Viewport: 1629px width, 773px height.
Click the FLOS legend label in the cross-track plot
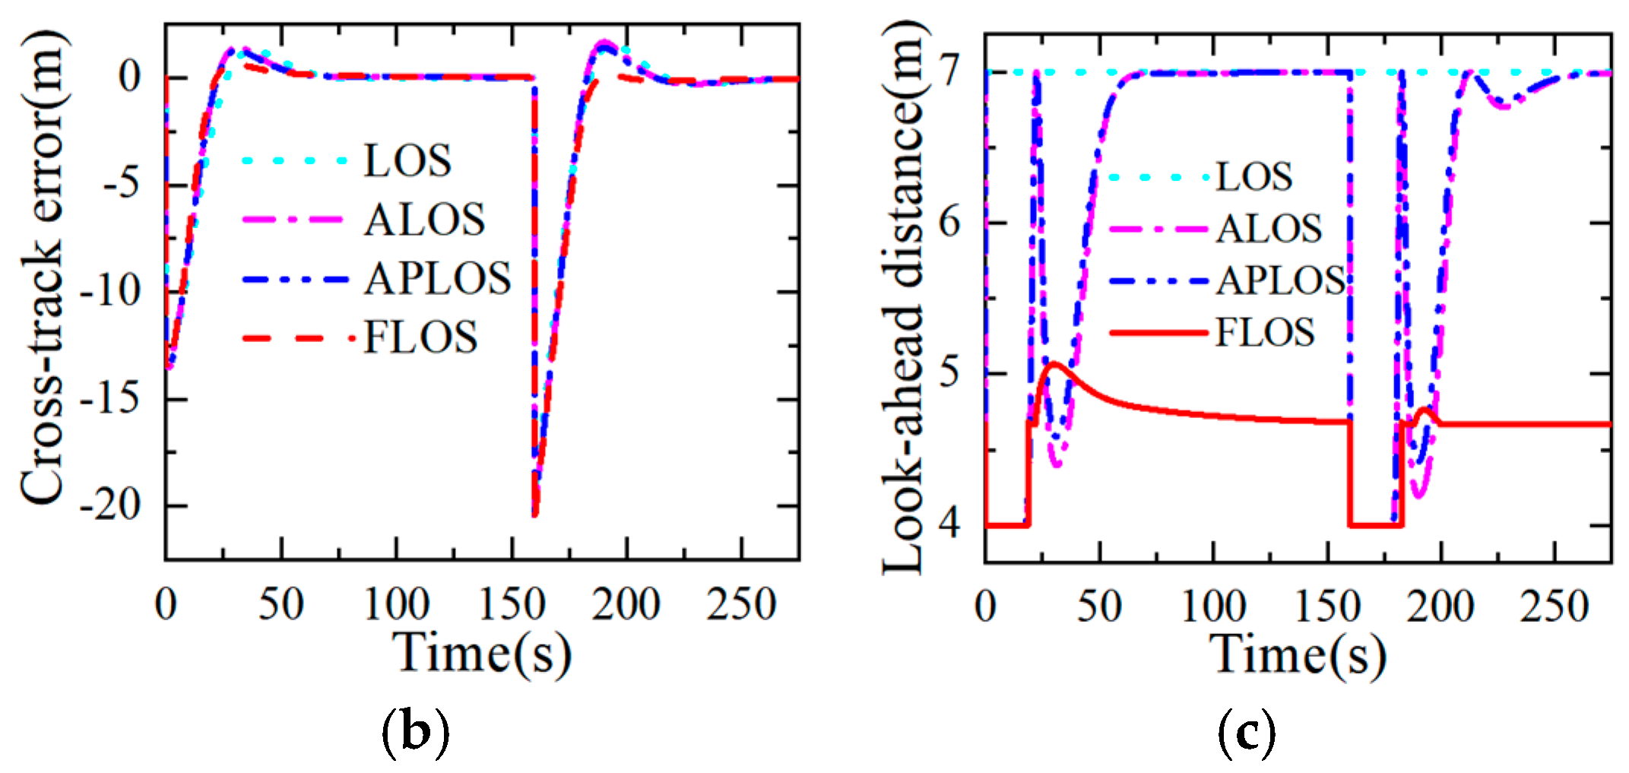420,337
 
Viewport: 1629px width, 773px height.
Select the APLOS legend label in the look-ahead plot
1281,280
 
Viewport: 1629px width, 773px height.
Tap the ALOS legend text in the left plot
424,220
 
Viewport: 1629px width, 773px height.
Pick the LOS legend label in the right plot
1254,176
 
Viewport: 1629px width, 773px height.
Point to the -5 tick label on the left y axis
122,184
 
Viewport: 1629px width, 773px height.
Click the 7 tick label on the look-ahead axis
952,73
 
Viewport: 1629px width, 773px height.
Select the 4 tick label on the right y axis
952,524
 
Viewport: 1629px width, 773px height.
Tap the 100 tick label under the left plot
396,605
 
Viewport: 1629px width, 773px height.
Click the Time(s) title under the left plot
482,654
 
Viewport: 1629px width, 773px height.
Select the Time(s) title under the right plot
1298,654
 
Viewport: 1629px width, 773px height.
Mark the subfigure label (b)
414,731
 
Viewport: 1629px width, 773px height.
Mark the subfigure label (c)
1246,731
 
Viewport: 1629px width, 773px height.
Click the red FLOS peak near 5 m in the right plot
1054,364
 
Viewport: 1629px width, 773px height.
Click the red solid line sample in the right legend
1158,333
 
